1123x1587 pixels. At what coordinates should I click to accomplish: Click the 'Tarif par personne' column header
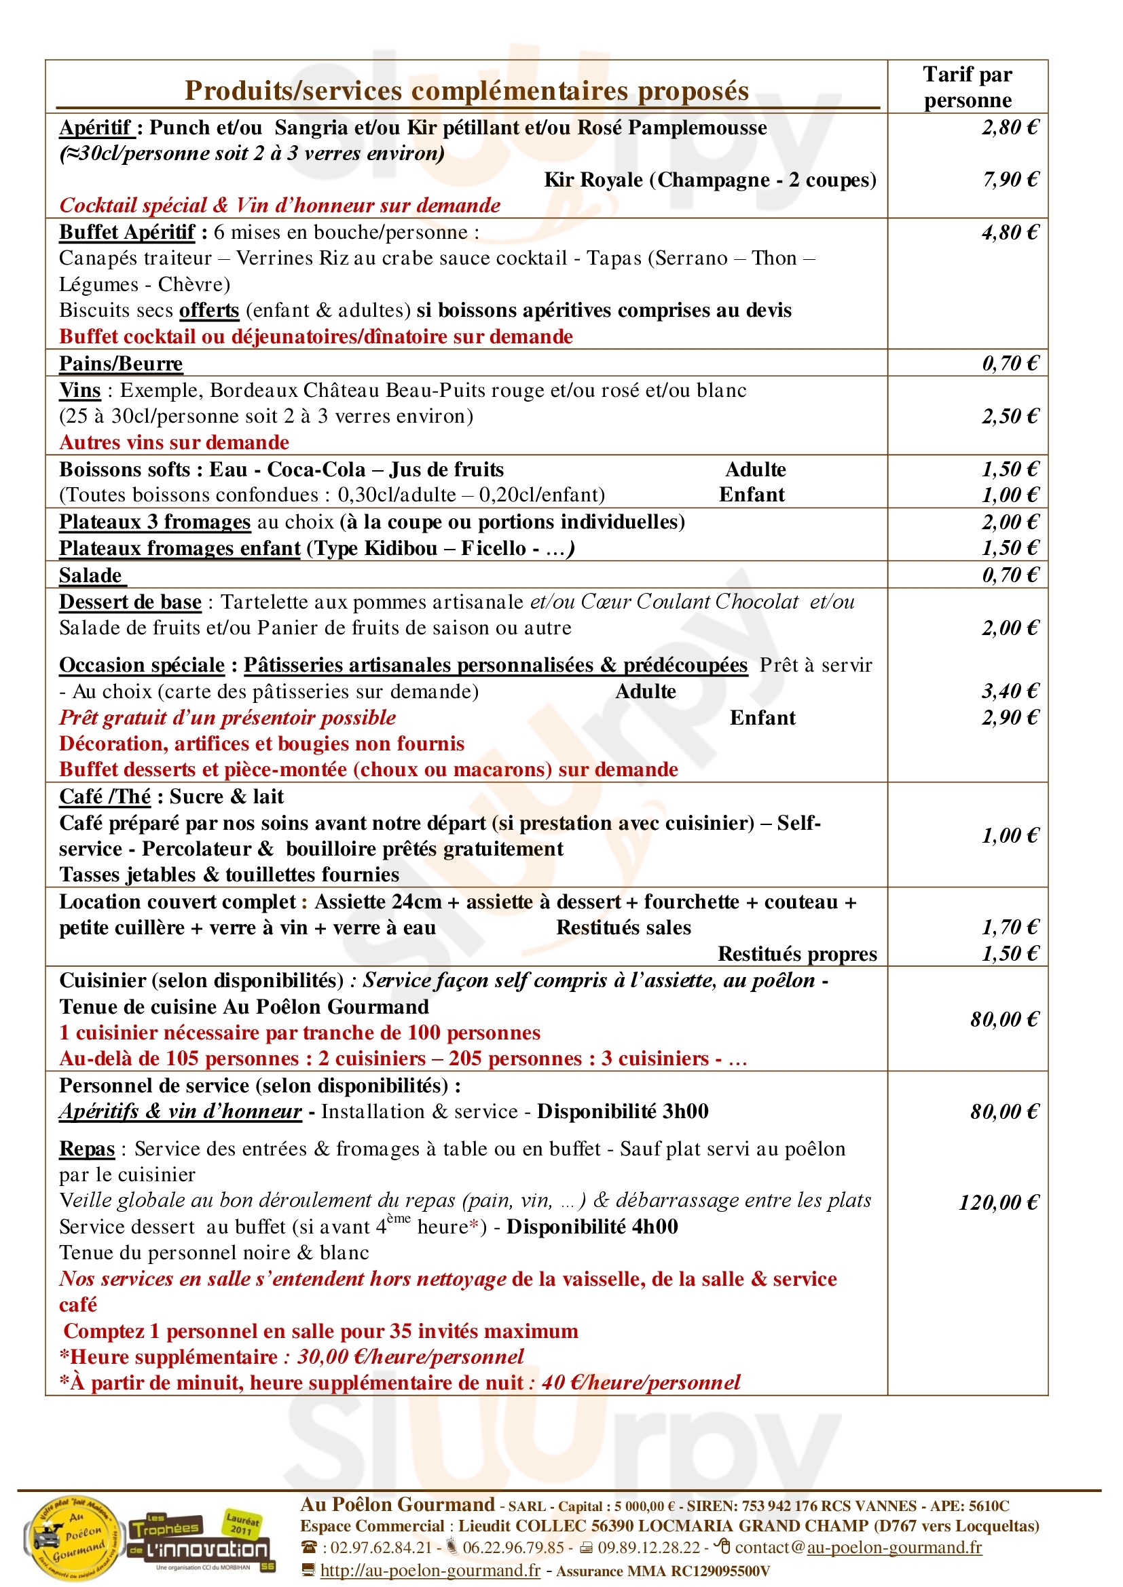click(967, 87)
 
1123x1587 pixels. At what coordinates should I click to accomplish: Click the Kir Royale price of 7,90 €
click(1010, 180)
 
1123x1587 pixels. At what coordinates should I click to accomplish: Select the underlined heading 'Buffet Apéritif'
click(127, 232)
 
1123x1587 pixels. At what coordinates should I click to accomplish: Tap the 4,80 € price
click(1010, 232)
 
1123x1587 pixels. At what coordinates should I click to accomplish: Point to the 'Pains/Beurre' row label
click(121, 364)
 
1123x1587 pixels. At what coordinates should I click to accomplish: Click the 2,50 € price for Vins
click(1010, 416)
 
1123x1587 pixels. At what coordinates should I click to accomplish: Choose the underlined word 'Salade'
click(90, 575)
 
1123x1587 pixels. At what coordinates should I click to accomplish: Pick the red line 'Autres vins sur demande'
click(174, 442)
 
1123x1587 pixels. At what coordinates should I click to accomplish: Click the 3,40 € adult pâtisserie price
click(1010, 691)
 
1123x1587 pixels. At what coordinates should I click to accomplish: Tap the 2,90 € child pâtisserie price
click(1010, 717)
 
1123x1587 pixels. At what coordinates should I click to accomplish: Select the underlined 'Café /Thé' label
click(105, 797)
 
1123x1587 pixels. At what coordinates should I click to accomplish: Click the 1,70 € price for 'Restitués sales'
click(1010, 928)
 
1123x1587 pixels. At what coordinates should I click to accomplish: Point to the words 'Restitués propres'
click(796, 954)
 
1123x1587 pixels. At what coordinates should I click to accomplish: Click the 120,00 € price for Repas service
click(998, 1203)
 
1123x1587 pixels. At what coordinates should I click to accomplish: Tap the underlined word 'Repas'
click(86, 1149)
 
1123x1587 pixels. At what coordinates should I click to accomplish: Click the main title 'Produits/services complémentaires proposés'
click(466, 91)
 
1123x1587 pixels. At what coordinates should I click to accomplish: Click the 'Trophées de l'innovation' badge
click(200, 1540)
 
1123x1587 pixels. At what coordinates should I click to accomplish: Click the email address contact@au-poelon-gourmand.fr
click(858, 1547)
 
